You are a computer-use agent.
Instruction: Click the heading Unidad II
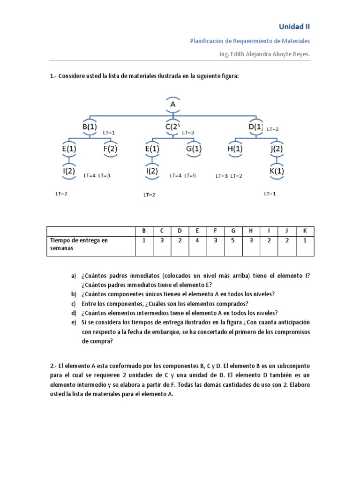[294, 27]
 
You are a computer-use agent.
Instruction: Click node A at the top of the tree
[173, 105]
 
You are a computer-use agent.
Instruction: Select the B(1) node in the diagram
[89, 127]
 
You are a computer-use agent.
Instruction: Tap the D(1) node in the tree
[256, 127]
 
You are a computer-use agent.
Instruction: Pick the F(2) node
[110, 149]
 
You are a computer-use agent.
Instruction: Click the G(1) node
[194, 149]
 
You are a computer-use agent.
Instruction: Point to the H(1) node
[235, 149]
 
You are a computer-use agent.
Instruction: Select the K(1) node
[277, 171]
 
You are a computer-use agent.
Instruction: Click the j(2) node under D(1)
[277, 149]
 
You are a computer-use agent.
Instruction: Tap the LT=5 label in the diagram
[190, 176]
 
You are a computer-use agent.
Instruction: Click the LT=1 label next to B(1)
[109, 133]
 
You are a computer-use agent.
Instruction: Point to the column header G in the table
[232, 231]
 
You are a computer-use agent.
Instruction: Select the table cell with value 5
[232, 240]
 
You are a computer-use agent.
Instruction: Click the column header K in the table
[305, 231]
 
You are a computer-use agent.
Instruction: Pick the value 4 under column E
[197, 240]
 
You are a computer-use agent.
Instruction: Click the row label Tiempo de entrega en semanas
[79, 244]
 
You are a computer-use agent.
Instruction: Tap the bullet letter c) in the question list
[74, 304]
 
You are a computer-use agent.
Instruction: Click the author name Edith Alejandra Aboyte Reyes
[264, 54]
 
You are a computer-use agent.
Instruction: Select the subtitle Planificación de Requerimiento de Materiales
[250, 41]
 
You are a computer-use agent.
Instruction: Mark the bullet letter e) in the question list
[74, 322]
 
